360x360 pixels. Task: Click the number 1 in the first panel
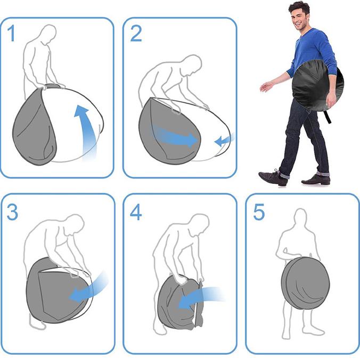click(x=12, y=34)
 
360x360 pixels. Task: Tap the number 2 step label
click(x=136, y=34)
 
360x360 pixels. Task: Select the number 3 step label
click(x=12, y=212)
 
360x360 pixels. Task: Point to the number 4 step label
click(x=136, y=212)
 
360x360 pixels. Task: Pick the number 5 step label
click(x=259, y=212)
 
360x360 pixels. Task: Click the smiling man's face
click(x=298, y=17)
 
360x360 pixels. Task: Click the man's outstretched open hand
click(x=266, y=87)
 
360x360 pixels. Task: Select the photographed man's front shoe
click(x=273, y=177)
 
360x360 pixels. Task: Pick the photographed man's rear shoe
click(x=316, y=179)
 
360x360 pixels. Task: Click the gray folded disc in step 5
click(x=305, y=283)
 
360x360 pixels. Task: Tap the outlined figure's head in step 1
click(x=48, y=35)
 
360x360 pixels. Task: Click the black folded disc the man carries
click(x=318, y=86)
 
